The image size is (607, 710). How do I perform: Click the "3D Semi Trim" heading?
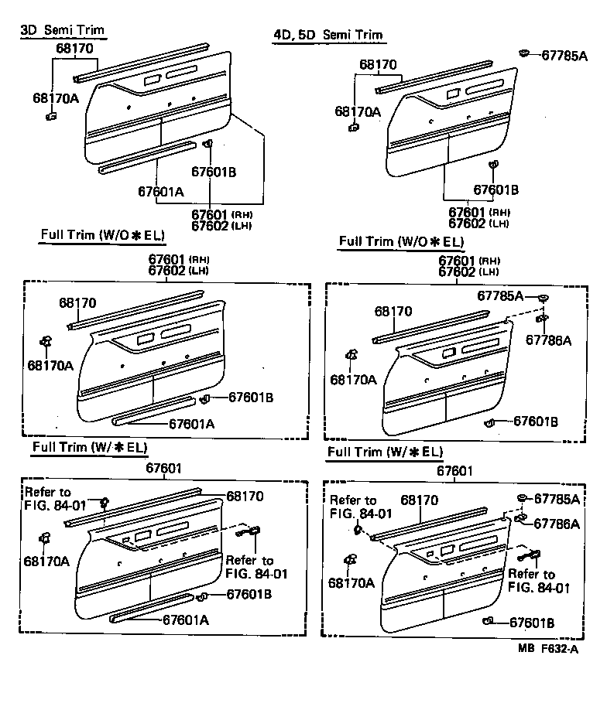61,30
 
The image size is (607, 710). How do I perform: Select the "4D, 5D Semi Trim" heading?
328,35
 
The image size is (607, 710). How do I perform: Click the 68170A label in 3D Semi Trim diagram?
55,98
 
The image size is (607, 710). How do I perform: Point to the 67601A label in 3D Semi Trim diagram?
161,192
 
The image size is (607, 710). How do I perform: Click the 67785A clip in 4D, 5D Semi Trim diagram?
525,53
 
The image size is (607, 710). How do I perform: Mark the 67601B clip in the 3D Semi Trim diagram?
207,144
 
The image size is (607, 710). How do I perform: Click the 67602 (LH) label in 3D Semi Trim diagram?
223,224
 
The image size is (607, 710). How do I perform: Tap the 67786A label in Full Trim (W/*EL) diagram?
554,524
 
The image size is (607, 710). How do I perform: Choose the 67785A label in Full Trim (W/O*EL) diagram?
499,296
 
